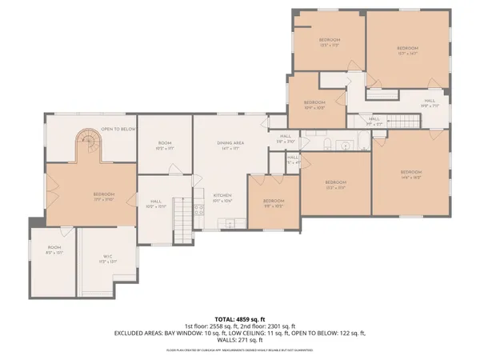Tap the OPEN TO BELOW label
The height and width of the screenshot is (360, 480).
click(x=117, y=128)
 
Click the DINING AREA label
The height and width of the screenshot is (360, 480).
click(x=230, y=142)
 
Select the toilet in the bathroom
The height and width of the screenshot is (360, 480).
click(x=328, y=144)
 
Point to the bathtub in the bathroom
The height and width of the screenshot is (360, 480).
click(x=365, y=145)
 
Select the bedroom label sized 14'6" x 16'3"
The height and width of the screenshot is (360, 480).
click(x=410, y=174)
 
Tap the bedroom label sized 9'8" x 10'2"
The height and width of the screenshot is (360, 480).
click(x=274, y=202)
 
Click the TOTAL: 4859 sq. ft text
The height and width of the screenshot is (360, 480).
click(x=239, y=318)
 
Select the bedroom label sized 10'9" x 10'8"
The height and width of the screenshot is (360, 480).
click(x=314, y=104)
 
